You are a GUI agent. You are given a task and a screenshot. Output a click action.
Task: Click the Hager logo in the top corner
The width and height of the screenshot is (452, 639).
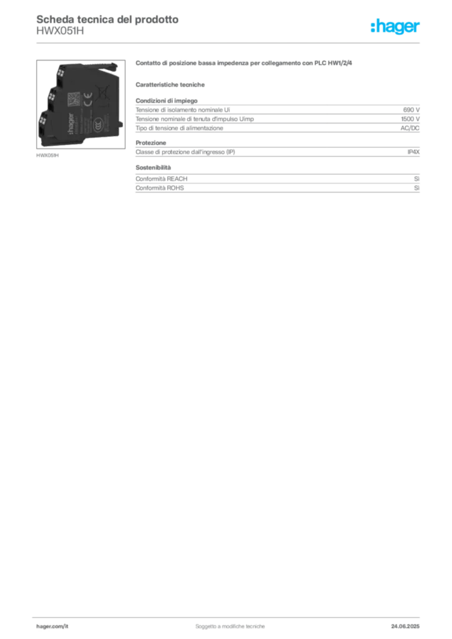(x=395, y=27)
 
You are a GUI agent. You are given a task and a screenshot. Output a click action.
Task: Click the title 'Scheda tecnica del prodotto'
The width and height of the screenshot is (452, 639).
(x=107, y=19)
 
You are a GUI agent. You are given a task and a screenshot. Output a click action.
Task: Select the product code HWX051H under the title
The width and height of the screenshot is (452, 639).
(x=60, y=31)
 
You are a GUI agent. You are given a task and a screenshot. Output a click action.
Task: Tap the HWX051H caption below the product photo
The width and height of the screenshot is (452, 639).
(x=47, y=155)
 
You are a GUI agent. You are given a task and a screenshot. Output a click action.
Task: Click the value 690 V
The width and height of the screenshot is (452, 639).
(x=411, y=110)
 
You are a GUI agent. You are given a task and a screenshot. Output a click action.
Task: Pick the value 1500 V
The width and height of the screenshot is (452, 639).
(x=410, y=119)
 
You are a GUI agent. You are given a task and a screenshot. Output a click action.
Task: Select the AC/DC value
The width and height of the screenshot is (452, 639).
(x=410, y=128)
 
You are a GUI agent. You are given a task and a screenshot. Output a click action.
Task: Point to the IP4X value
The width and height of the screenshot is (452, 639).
(x=413, y=152)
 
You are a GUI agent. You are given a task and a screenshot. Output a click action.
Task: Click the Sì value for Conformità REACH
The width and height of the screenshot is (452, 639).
(x=416, y=179)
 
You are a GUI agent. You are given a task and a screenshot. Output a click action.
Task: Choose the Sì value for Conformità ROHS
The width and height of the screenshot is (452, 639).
(x=416, y=188)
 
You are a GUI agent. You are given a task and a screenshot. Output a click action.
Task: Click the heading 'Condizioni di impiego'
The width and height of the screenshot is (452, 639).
(x=166, y=100)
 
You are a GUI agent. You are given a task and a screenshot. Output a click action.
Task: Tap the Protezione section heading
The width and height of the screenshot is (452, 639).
(x=151, y=143)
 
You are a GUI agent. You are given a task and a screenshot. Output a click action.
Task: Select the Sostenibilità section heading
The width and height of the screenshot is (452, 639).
(x=153, y=167)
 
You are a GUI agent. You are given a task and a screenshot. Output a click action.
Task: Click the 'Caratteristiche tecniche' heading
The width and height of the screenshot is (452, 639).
(x=170, y=85)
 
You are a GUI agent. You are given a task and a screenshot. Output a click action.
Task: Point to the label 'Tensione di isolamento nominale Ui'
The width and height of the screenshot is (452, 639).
(x=182, y=110)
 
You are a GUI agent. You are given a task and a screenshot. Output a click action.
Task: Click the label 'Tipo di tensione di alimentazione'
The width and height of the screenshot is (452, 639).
(x=179, y=128)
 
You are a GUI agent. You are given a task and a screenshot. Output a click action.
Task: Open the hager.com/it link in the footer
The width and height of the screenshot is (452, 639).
(x=52, y=627)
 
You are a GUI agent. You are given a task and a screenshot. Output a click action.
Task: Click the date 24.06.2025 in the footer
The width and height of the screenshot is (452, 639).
(x=405, y=627)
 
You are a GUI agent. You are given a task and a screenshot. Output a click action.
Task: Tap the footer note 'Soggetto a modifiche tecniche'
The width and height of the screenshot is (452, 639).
(x=230, y=627)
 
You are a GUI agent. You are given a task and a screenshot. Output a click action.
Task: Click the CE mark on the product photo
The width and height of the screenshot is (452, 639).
(x=87, y=99)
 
